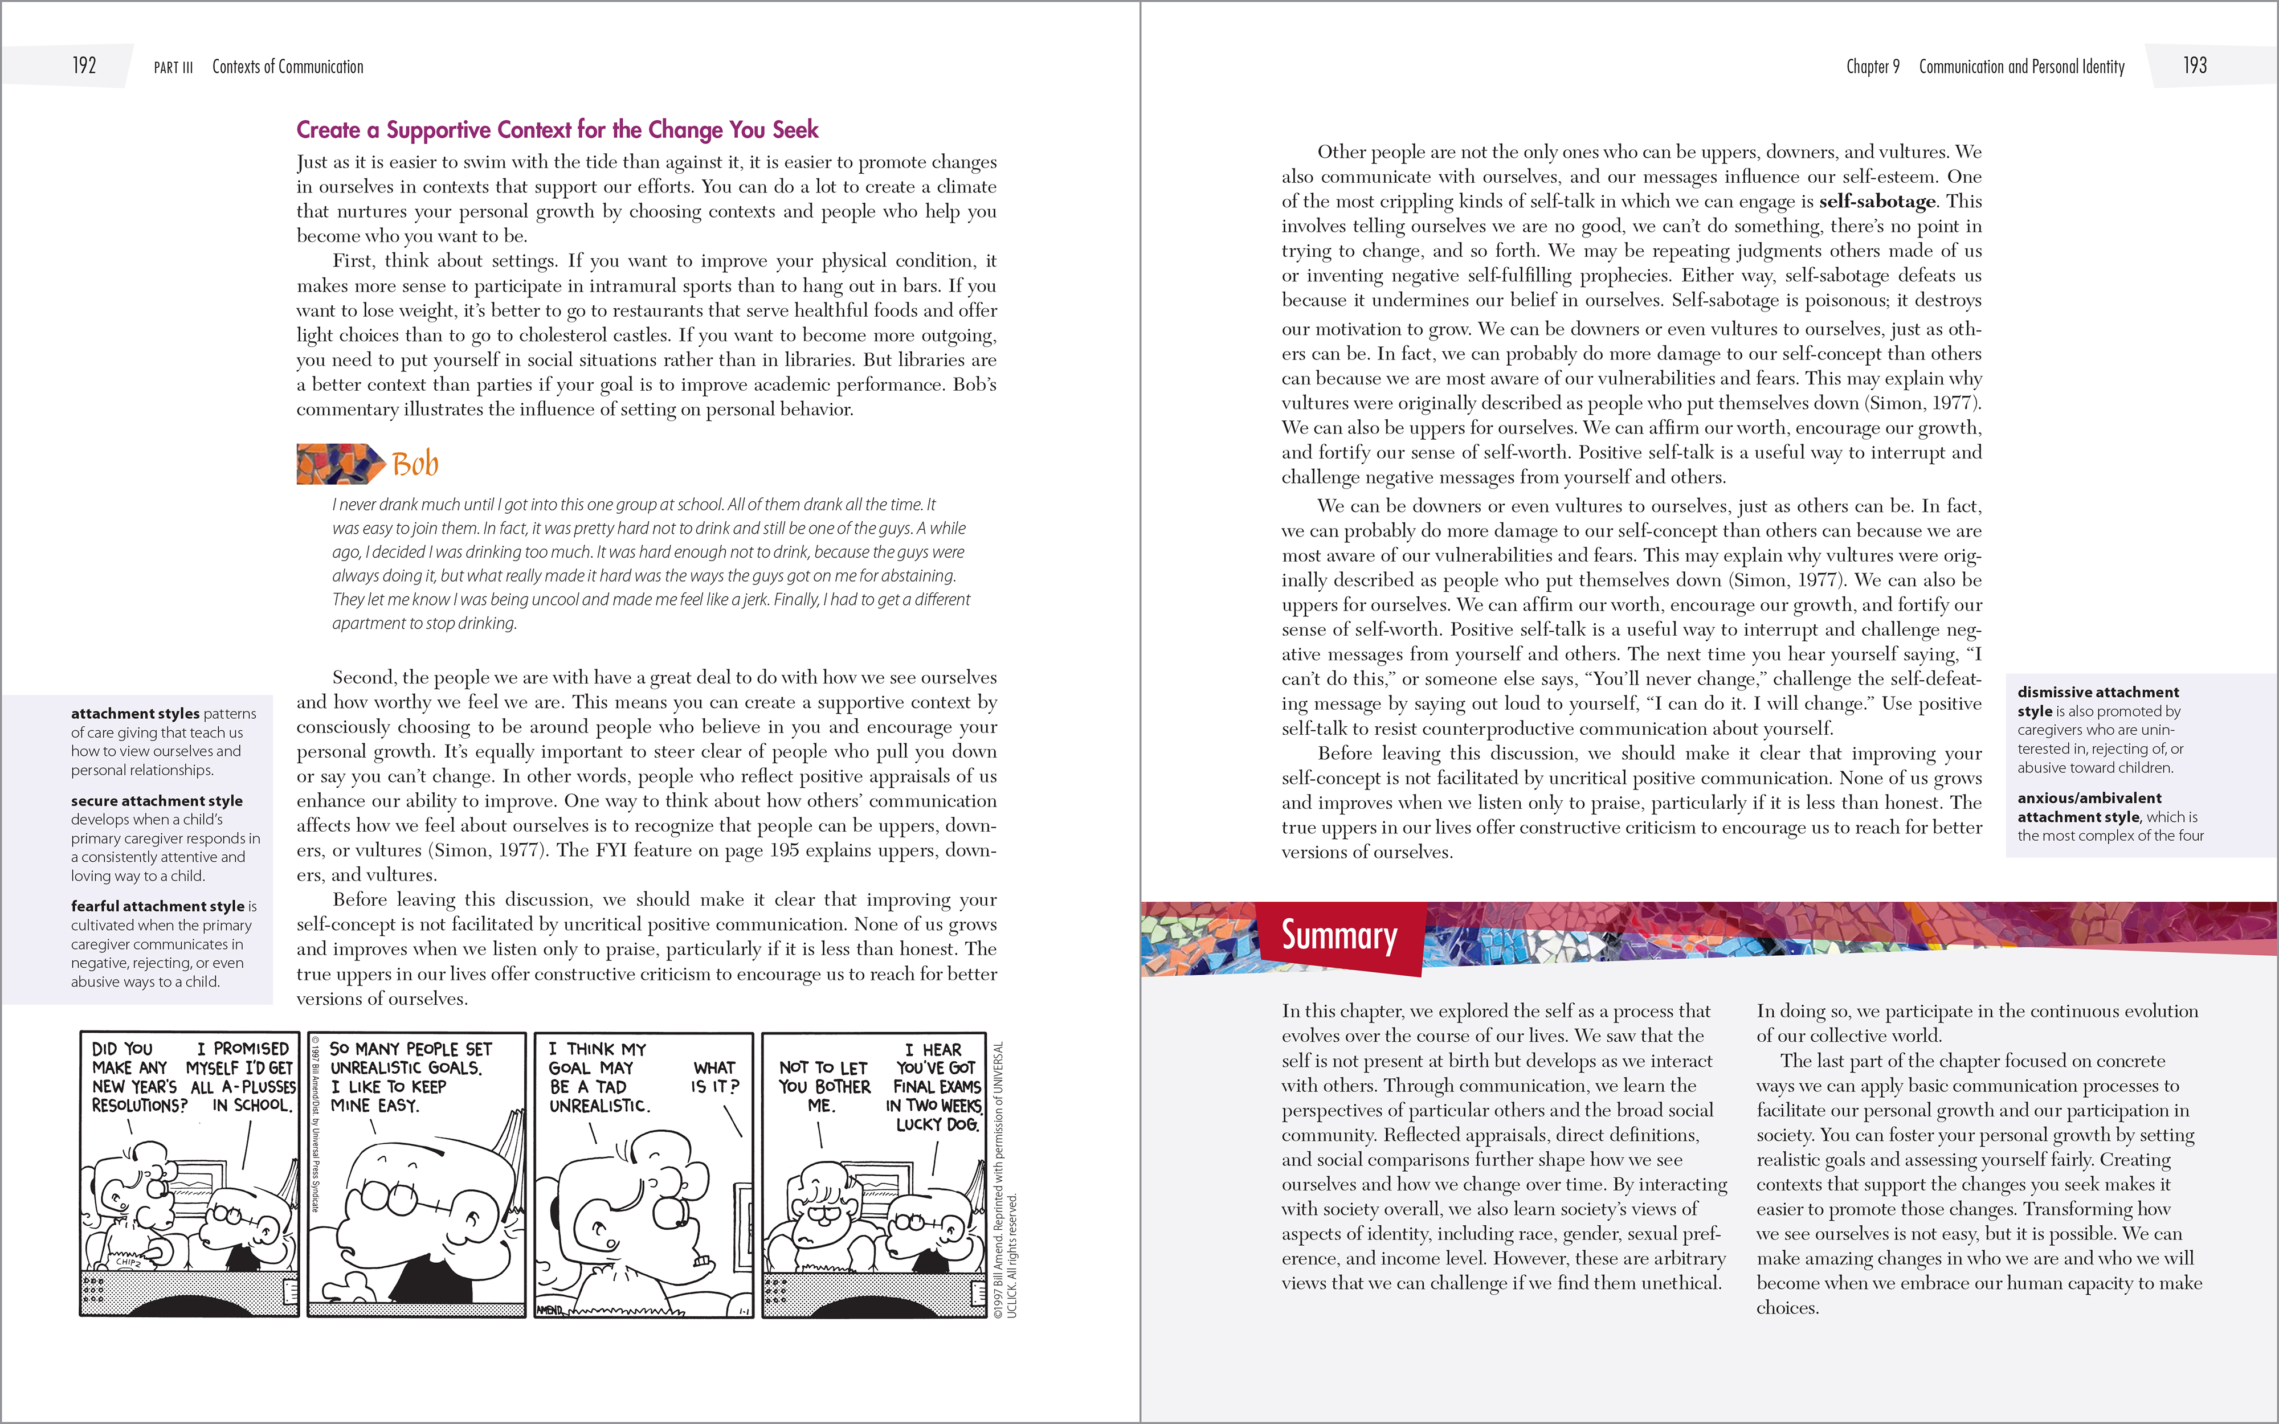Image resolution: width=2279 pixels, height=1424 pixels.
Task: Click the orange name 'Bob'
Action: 415,464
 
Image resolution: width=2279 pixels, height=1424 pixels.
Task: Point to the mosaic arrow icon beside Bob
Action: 339,463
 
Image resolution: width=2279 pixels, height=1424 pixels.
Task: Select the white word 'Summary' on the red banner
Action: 1339,935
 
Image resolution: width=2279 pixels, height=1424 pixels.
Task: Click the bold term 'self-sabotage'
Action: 1877,202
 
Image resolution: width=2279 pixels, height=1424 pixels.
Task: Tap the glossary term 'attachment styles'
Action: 134,714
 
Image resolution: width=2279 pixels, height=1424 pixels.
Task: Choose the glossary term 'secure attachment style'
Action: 156,800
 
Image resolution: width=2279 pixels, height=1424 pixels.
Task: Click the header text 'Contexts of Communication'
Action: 287,67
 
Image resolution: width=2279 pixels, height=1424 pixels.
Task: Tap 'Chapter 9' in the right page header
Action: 1872,67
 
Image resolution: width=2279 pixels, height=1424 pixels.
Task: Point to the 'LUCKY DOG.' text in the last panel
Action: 937,1124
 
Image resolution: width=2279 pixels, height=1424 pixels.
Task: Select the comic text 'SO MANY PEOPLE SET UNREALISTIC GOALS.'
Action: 411,1058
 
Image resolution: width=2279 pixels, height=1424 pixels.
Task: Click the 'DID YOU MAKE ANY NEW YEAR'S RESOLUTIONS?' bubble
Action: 138,1078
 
